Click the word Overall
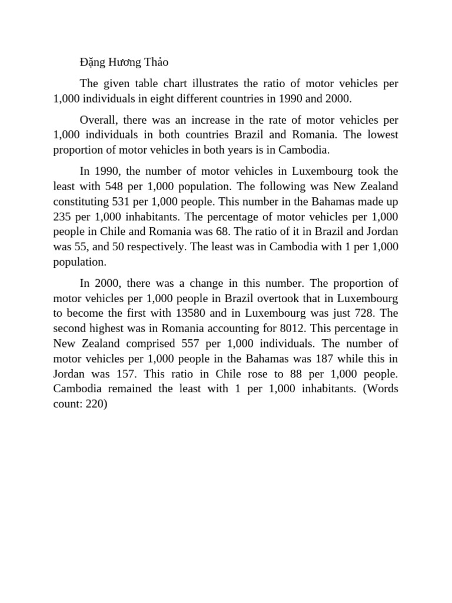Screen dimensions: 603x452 98,120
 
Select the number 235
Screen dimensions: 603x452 63,216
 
